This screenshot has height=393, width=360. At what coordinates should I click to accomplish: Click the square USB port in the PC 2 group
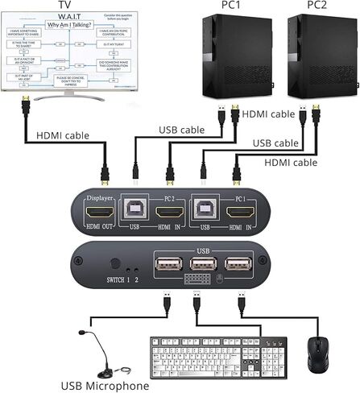click(x=134, y=211)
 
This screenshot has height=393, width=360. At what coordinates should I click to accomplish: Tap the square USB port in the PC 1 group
click(x=203, y=211)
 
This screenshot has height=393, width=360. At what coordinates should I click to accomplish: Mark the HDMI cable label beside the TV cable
click(x=68, y=134)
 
